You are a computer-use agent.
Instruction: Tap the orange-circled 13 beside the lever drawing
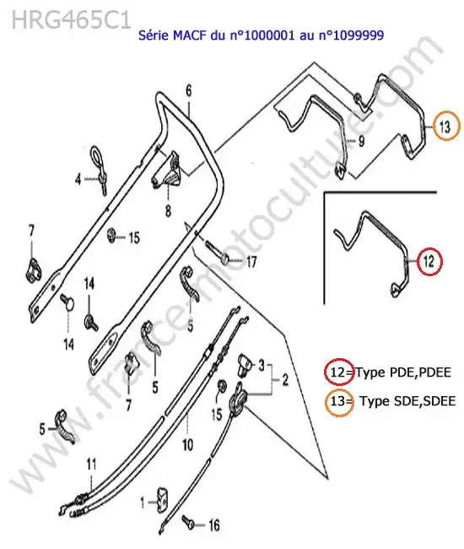(445, 127)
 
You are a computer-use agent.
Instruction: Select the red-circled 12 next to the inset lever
(429, 261)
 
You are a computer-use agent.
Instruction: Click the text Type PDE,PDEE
(403, 372)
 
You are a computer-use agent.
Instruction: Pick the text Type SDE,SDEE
(407, 401)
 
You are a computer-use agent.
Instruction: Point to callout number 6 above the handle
(189, 90)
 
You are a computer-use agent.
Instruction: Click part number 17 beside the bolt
(251, 262)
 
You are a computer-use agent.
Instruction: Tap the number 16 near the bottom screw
(214, 525)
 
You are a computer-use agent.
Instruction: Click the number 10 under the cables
(188, 444)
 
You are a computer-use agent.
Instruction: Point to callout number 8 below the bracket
(168, 211)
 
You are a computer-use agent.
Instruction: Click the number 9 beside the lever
(361, 141)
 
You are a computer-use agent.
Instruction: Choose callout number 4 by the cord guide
(78, 180)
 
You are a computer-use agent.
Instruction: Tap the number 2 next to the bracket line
(285, 379)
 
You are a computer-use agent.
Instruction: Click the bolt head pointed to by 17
(225, 259)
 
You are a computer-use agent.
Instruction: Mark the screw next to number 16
(187, 520)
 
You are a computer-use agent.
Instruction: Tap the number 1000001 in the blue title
(269, 35)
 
